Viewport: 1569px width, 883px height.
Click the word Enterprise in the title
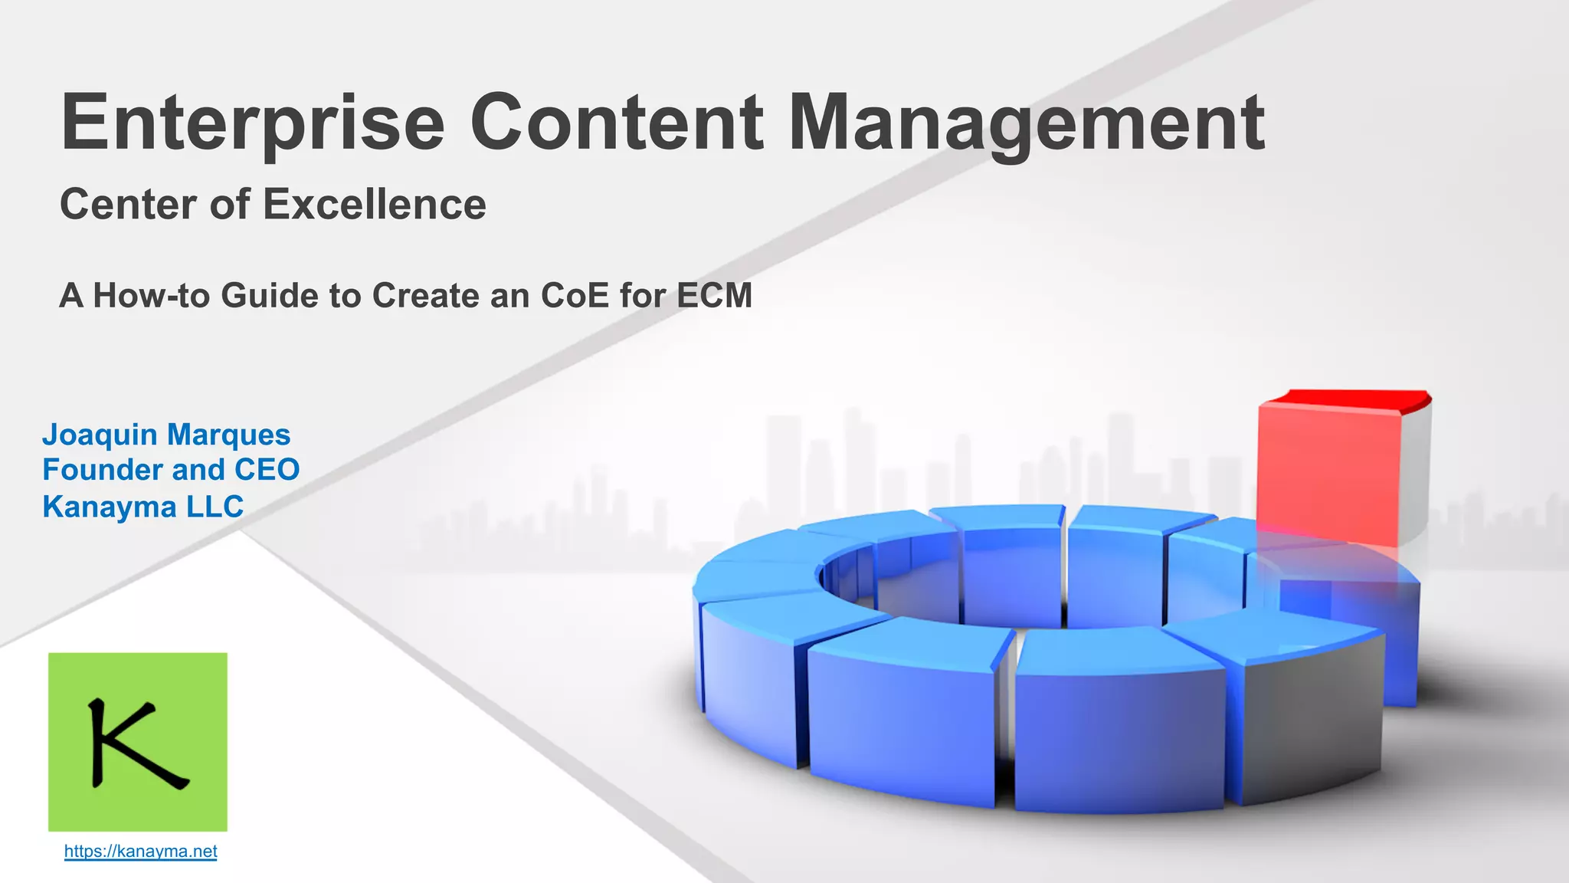(x=253, y=123)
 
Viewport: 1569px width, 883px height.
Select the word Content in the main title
(x=617, y=123)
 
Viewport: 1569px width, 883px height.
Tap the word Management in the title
(x=1027, y=123)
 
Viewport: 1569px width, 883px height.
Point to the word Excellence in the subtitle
(x=375, y=205)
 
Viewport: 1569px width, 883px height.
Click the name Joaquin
(x=99, y=435)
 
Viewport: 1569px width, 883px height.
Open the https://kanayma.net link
(x=140, y=852)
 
